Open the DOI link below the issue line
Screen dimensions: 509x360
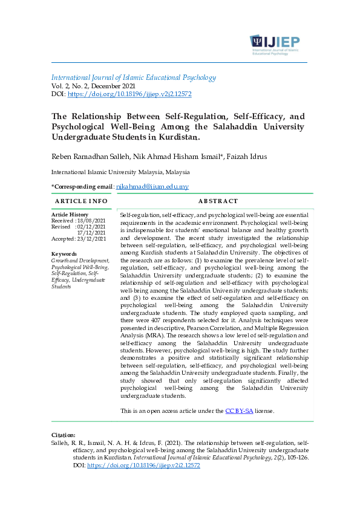tap(129, 94)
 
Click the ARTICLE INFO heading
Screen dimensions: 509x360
tap(81, 201)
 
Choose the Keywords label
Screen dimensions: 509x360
tap(64, 254)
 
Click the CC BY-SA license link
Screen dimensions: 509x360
tap(239, 411)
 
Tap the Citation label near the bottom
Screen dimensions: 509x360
tap(64, 435)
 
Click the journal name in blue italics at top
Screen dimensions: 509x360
tap(134, 77)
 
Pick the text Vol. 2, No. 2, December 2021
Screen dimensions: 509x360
tap(100, 86)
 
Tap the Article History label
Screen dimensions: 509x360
tap(70, 215)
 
